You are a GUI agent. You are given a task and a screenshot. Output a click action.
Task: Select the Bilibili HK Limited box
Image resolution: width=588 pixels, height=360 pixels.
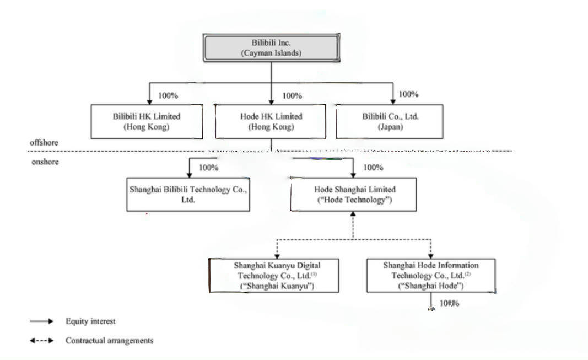click(146, 121)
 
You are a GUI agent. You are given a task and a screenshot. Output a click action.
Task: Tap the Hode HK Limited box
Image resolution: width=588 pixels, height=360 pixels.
click(271, 121)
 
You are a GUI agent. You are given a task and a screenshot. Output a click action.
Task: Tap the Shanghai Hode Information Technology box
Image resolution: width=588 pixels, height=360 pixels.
click(430, 275)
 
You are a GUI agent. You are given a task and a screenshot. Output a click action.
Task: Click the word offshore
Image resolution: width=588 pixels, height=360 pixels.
click(44, 142)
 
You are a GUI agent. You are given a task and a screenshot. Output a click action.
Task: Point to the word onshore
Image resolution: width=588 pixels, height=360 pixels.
click(45, 162)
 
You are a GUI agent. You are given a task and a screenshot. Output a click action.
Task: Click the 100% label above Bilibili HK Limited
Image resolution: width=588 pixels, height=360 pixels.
click(168, 95)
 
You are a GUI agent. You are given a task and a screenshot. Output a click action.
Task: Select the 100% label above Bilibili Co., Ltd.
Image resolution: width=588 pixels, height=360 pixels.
click(408, 94)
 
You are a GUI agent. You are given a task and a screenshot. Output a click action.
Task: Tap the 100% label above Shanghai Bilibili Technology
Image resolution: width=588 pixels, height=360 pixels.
click(208, 168)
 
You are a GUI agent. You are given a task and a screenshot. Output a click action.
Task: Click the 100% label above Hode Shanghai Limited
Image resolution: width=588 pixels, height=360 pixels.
click(373, 168)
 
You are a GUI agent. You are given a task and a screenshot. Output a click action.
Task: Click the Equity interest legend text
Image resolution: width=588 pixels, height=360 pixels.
click(90, 321)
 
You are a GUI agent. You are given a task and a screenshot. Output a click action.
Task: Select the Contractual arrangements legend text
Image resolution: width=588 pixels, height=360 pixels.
click(109, 341)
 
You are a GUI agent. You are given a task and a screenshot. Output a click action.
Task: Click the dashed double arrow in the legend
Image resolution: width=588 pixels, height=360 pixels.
click(42, 341)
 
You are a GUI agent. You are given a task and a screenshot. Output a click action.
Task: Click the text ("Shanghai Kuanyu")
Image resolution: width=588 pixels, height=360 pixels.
click(277, 286)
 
